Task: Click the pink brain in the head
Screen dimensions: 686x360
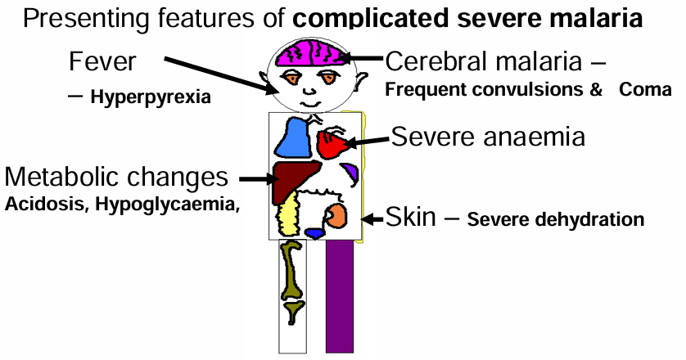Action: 312,53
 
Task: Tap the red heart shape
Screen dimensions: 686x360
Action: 332,144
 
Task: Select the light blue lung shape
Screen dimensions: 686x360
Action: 293,137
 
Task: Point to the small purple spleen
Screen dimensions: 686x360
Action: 351,173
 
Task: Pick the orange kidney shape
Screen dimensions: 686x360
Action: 336,216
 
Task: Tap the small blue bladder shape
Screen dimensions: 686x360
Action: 315,233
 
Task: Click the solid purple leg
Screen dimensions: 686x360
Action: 340,296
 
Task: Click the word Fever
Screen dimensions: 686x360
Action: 102,61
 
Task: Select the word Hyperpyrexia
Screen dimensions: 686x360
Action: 151,97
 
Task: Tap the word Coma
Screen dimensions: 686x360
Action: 645,89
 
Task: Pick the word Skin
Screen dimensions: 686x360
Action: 411,216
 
